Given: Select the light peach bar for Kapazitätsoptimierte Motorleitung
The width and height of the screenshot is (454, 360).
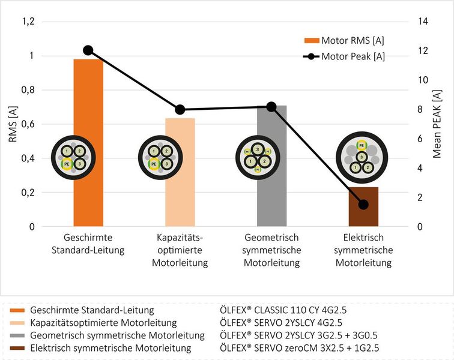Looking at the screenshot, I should (180, 198).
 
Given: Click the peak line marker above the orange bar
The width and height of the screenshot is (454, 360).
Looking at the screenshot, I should (88, 50).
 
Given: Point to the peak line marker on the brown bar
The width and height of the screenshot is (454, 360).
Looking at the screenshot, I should (363, 205).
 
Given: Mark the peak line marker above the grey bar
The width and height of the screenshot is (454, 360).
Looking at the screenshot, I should (271, 107).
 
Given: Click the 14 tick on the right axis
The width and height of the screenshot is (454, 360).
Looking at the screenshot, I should (425, 22).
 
